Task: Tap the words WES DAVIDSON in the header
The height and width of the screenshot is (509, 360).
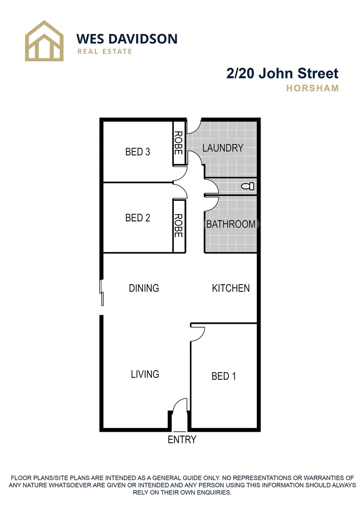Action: click(127, 38)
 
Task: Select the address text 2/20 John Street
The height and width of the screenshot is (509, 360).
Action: click(282, 74)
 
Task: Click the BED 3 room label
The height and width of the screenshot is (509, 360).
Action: click(138, 152)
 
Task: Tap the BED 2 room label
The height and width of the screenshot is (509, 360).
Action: click(138, 218)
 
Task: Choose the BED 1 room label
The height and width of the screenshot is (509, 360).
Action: click(223, 376)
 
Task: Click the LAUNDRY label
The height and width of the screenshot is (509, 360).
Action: click(223, 148)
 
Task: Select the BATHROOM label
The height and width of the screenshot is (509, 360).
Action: click(231, 224)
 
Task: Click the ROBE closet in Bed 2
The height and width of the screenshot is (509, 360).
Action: click(179, 225)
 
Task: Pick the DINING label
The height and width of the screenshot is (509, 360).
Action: click(144, 288)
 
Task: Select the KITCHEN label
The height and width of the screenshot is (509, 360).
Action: click(231, 288)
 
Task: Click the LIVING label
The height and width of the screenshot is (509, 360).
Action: click(145, 374)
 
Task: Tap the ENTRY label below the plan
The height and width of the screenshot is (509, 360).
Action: click(182, 440)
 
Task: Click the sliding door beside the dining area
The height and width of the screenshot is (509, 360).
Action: click(101, 293)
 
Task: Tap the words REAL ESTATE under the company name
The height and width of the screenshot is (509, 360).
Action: click(105, 51)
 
